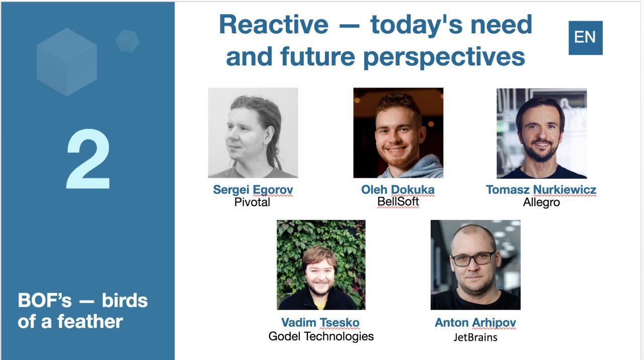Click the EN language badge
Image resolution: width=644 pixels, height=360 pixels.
(585, 38)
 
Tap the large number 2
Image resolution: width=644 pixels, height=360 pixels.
(88, 159)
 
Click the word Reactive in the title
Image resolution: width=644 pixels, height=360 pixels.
(274, 25)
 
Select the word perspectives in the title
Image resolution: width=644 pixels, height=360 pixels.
(444, 57)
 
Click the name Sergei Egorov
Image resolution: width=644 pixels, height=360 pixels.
(253, 190)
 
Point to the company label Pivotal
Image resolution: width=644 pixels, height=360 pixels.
(252, 202)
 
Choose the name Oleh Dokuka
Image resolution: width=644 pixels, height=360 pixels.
(398, 190)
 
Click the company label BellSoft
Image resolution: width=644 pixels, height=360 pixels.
(398, 202)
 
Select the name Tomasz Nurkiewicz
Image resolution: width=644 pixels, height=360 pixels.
(541, 190)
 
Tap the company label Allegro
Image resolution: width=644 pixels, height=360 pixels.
(541, 202)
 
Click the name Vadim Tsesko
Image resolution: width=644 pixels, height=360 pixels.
(320, 323)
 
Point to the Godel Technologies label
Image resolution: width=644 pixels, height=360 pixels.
(321, 336)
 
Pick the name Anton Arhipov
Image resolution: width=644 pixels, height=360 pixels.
(475, 323)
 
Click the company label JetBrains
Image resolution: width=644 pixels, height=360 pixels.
(475, 337)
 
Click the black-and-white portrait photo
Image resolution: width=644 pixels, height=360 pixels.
(253, 132)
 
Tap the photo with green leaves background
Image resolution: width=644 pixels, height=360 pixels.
(321, 265)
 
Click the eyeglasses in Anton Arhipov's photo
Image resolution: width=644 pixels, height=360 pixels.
(473, 259)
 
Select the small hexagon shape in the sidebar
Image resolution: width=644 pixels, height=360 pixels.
(127, 41)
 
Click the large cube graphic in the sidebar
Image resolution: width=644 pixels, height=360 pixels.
(67, 62)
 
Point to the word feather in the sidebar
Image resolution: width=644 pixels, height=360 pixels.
(90, 321)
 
